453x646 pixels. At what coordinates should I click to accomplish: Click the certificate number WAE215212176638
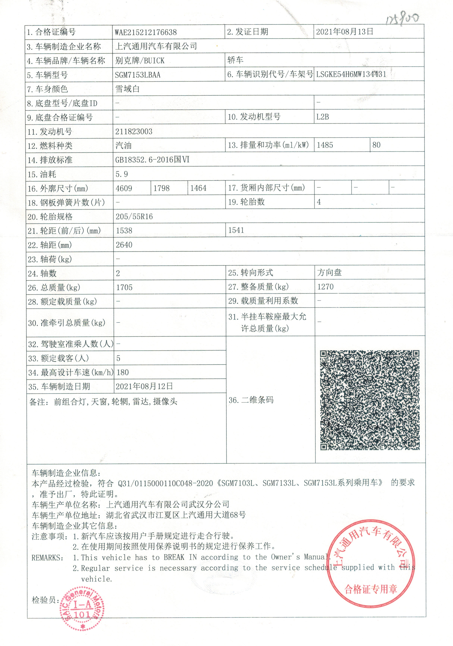click(x=146, y=32)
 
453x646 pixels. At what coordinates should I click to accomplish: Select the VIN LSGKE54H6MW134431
click(x=351, y=74)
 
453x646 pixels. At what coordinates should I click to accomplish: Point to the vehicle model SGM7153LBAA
click(x=138, y=75)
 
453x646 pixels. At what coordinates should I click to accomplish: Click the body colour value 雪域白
click(x=127, y=89)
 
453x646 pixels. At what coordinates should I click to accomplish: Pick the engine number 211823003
click(x=134, y=131)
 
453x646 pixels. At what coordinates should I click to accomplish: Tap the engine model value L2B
click(x=322, y=117)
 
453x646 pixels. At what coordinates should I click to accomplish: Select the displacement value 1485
click(x=325, y=145)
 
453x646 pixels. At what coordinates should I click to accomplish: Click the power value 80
click(x=376, y=145)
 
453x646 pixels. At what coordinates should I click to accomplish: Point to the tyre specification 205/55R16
click(x=134, y=217)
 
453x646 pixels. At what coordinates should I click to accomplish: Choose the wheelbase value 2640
click(x=124, y=245)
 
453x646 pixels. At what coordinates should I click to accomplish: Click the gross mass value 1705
click(x=124, y=287)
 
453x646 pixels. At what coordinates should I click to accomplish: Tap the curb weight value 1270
click(x=325, y=287)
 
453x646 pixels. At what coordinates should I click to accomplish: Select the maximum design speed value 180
click(x=123, y=372)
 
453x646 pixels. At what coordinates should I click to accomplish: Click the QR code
click(x=370, y=400)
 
